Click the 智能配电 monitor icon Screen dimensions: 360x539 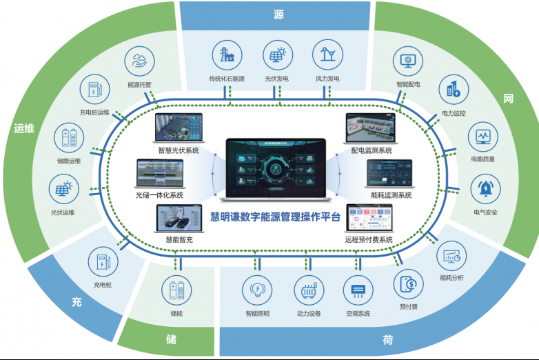point(408,61)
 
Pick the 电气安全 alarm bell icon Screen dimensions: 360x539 point(485,188)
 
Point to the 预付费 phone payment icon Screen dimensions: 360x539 point(408,283)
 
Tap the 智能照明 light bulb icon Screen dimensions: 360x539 point(258,290)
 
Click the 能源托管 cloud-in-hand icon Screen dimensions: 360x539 point(139,61)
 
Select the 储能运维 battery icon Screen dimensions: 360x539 point(70,137)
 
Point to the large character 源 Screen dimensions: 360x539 point(278,14)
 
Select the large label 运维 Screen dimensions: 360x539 point(24,128)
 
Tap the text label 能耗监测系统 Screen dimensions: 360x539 point(391,195)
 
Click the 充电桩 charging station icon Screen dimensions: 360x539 point(103,262)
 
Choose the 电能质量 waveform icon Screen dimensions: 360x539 point(483,136)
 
